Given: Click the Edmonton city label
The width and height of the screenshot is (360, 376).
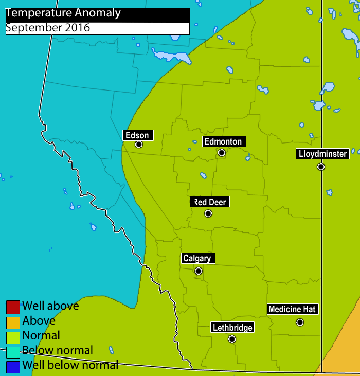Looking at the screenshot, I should [222, 141].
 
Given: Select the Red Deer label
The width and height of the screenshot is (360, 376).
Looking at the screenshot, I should [210, 202].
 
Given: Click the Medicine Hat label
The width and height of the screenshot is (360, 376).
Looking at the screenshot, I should [292, 309].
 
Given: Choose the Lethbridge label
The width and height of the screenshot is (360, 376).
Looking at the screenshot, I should [232, 328].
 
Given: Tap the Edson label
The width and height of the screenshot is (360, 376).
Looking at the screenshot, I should [137, 136].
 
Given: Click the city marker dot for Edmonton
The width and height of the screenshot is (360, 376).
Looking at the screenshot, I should [222, 153].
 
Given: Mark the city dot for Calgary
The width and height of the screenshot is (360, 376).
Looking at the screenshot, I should [199, 271].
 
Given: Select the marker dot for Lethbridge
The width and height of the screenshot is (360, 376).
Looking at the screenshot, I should [232, 339].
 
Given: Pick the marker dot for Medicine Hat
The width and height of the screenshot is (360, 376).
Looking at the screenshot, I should [300, 323].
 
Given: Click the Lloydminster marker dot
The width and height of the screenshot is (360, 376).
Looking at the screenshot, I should [321, 167].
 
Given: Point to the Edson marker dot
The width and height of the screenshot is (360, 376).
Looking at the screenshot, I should [139, 145].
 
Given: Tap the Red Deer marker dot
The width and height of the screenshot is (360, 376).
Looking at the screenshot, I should [208, 213].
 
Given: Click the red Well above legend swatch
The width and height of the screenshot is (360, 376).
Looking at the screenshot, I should [13, 307].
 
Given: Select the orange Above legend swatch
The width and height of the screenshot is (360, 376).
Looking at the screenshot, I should [13, 322].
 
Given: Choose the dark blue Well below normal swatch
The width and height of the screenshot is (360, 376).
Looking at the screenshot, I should [13, 367].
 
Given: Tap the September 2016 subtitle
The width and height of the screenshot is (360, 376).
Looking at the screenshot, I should [48, 28].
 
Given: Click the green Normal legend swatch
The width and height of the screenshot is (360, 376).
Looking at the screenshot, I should [13, 337].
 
